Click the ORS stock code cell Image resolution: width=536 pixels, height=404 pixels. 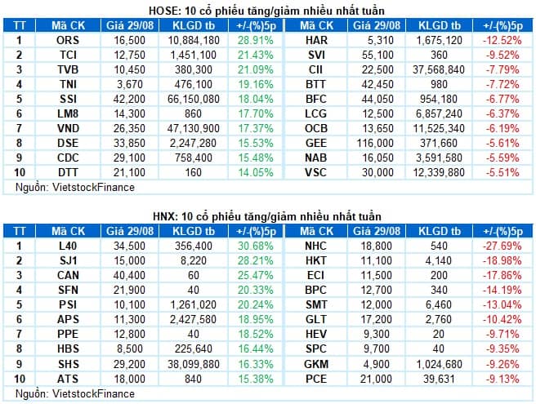click(x=68, y=40)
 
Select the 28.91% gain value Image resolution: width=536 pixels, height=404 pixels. click(x=256, y=40)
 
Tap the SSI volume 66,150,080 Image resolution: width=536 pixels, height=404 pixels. click(x=194, y=99)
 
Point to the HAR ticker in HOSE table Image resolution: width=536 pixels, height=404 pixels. click(x=316, y=40)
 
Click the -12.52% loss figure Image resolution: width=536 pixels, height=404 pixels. click(x=502, y=40)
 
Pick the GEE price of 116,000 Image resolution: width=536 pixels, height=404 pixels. click(x=375, y=143)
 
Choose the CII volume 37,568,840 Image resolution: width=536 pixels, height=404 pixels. click(x=439, y=69)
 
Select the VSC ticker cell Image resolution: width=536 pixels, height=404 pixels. click(x=315, y=172)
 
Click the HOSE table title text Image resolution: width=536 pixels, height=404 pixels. click(x=266, y=11)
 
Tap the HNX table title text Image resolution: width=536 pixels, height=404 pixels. click(x=267, y=216)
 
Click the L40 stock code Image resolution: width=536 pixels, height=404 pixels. click(x=68, y=246)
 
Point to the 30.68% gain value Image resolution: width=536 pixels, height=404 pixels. click(x=256, y=246)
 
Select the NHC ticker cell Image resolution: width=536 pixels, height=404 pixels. click(x=315, y=246)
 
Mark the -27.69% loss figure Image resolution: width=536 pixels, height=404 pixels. click(x=502, y=246)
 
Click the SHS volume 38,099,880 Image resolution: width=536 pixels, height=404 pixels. click(x=194, y=364)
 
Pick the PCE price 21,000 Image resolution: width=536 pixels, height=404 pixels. click(x=376, y=379)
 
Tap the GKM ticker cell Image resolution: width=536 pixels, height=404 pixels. click(x=316, y=364)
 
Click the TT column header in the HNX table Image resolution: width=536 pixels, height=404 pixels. click(x=20, y=231)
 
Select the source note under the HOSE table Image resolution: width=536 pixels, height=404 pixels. click(x=75, y=187)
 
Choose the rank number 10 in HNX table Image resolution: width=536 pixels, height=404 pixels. click(x=20, y=379)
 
